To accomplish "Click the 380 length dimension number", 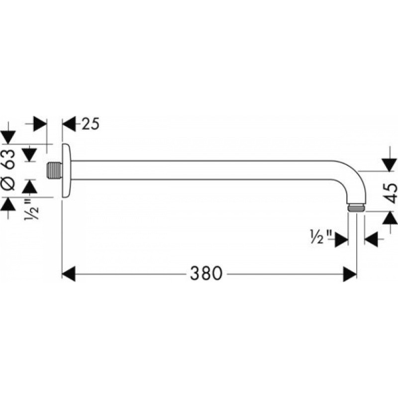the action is [206, 274].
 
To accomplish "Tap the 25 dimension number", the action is [91, 124].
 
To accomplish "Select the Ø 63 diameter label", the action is [8, 170].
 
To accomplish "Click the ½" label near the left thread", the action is [32, 209].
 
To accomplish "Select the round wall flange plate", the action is [67, 170].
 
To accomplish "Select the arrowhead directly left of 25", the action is [69, 124].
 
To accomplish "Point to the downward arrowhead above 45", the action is [390, 165].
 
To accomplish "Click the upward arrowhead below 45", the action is [390, 218].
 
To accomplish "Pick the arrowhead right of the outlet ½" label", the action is [371, 239].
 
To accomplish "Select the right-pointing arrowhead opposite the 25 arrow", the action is [40, 124].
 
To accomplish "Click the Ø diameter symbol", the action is [8, 184].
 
